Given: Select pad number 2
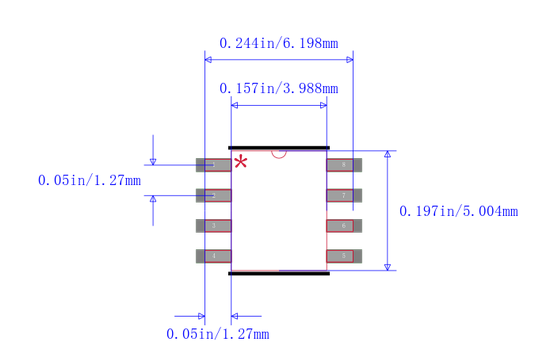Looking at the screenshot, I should [212, 195].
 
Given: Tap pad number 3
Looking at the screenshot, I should [212, 226].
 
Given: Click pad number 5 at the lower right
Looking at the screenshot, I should [344, 256].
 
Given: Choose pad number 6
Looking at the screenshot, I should [344, 226].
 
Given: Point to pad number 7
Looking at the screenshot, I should [344, 195].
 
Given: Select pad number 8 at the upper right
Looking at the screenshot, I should [344, 164].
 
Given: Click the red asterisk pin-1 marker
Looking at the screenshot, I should [241, 161].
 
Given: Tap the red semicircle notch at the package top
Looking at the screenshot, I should [279, 153].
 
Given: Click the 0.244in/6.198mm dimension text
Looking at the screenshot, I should [278, 43].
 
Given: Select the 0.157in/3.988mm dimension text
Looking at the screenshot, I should [278, 88].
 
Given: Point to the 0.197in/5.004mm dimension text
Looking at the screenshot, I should [458, 211].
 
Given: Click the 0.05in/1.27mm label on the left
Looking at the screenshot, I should [89, 181].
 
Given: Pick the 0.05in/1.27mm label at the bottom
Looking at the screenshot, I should [217, 334].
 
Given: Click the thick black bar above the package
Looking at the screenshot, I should [279, 147].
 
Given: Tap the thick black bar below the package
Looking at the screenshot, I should [279, 272].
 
